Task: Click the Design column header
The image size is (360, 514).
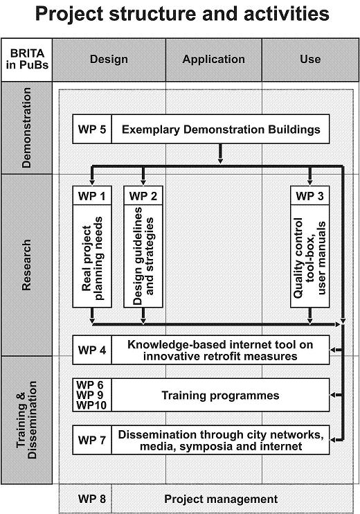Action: [109, 60]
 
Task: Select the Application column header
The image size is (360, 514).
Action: [213, 60]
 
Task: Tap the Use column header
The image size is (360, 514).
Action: [310, 60]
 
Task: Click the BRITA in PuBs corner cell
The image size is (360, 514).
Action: [27, 60]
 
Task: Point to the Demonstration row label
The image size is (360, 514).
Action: [26, 127]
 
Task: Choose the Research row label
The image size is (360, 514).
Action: [26, 265]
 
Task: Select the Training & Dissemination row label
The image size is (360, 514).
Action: [26, 420]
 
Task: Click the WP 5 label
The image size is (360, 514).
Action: [92, 129]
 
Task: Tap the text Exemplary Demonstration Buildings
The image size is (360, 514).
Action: [221, 129]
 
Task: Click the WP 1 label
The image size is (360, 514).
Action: [91, 196]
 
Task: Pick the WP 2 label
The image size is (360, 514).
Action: [143, 196]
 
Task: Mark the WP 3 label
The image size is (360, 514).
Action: [309, 196]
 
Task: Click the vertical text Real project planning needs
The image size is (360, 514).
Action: [92, 258]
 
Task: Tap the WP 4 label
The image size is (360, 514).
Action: [92, 350]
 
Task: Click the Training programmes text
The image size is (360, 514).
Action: [220, 396]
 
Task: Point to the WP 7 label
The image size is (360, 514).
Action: [92, 440]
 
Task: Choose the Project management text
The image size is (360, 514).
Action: [221, 499]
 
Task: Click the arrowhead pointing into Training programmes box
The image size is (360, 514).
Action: [332, 395]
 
